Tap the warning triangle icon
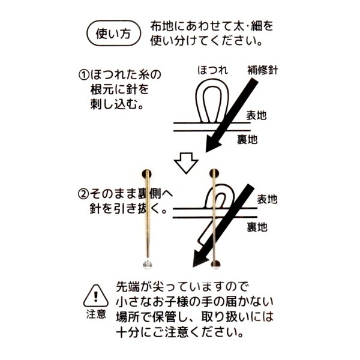click(96, 296)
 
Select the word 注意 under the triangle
click(96, 314)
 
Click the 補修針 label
click(263, 70)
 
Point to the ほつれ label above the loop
click(213, 70)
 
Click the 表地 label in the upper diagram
click(256, 115)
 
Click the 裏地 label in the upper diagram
click(247, 139)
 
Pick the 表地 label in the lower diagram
click(267, 199)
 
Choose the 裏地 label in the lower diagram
click(257, 227)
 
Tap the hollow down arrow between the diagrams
click(186, 163)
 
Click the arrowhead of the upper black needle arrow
click(212, 143)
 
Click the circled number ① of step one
click(83, 75)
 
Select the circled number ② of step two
click(83, 194)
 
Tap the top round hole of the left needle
click(146, 174)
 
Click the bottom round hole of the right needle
click(215, 264)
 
